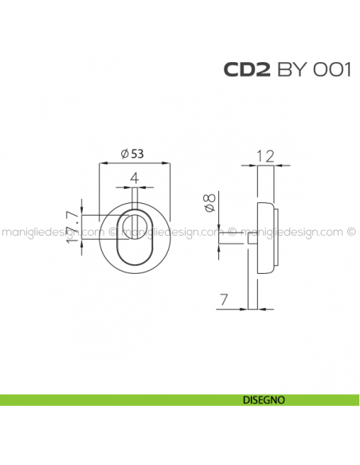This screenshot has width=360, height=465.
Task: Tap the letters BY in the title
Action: pyautogui.click(x=292, y=70)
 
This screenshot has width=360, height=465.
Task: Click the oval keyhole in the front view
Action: pyautogui.click(x=135, y=243)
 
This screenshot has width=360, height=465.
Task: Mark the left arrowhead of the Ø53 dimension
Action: pyautogui.click(x=101, y=163)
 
